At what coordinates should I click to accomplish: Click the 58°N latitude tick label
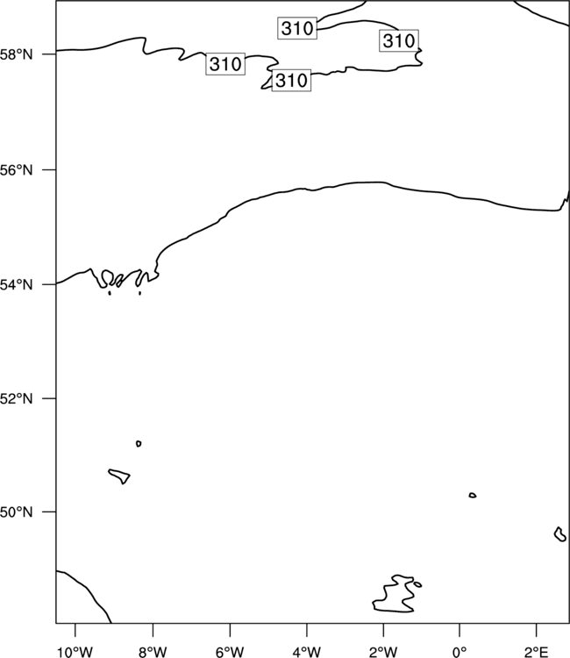point(16,54)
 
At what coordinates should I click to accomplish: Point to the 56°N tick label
point(16,170)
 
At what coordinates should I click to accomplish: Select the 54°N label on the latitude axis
point(16,284)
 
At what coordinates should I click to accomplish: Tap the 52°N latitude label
point(16,398)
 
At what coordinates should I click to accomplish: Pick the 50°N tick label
point(16,512)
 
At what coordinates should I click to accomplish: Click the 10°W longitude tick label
point(75,652)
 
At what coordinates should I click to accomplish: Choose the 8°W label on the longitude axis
point(153,652)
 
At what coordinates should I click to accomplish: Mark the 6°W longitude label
point(230,652)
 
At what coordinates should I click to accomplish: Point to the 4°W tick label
point(307,652)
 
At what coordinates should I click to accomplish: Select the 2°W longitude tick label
point(383,652)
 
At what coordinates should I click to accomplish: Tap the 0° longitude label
point(460,652)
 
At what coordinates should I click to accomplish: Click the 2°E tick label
point(537,652)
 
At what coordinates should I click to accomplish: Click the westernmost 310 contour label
point(225,64)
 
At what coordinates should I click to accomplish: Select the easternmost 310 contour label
point(399,40)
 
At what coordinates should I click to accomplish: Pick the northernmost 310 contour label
point(297,28)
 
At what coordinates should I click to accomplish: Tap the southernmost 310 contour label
point(291,80)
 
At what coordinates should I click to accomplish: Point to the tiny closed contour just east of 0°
point(473,495)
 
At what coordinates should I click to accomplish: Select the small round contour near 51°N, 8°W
point(139,444)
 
